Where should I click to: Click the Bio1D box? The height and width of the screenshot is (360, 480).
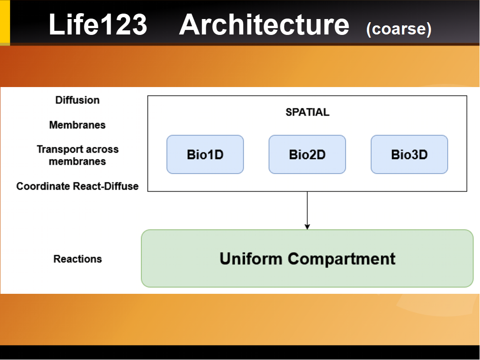click(x=205, y=155)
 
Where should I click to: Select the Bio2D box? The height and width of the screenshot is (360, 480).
click(x=307, y=155)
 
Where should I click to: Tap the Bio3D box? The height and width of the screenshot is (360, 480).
click(x=409, y=155)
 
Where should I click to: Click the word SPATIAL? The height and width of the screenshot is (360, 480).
click(x=307, y=112)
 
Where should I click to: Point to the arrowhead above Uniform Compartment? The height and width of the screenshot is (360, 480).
click(x=307, y=226)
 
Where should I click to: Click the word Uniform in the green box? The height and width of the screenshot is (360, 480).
click(x=251, y=258)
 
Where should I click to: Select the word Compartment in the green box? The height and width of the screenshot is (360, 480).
click(x=342, y=259)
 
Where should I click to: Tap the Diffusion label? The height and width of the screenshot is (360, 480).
click(x=77, y=100)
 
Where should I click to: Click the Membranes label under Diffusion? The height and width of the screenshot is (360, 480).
click(x=77, y=125)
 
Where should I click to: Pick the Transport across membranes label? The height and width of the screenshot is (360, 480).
click(x=77, y=155)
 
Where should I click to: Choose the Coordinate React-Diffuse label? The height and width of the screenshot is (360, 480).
click(x=77, y=186)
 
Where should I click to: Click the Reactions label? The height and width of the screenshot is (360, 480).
click(x=78, y=259)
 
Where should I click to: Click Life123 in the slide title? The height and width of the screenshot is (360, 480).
click(x=98, y=25)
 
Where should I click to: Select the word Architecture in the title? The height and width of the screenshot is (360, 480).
click(x=264, y=25)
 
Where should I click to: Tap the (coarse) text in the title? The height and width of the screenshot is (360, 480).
click(x=398, y=29)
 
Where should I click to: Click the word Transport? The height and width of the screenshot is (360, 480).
click(x=58, y=149)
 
